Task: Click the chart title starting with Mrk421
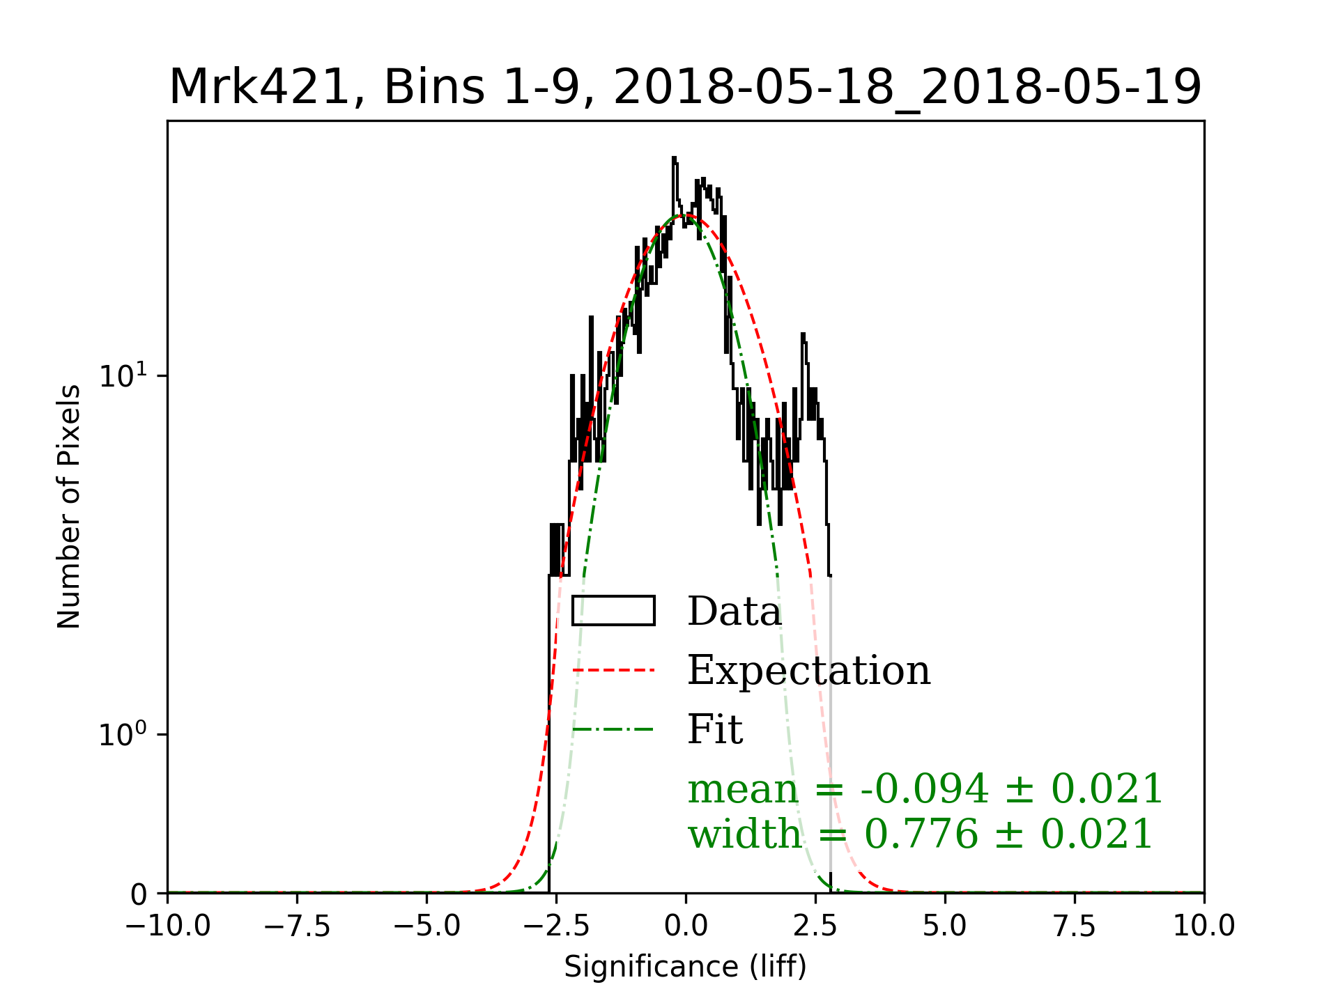(685, 88)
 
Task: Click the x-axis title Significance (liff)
(685, 967)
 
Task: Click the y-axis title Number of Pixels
(69, 506)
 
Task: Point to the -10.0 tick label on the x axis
(167, 926)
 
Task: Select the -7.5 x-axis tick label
(297, 926)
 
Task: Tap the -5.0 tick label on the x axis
(426, 926)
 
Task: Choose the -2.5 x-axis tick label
(556, 926)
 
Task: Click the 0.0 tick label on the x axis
(686, 926)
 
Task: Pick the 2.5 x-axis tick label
(815, 926)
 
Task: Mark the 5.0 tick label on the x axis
(945, 926)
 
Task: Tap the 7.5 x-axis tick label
(1075, 926)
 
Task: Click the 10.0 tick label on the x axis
(1204, 926)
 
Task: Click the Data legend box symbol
(613, 611)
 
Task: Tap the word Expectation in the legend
(808, 671)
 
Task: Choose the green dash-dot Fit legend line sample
(613, 730)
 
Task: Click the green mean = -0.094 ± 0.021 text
(925, 789)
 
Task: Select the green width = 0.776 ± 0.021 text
(920, 834)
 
